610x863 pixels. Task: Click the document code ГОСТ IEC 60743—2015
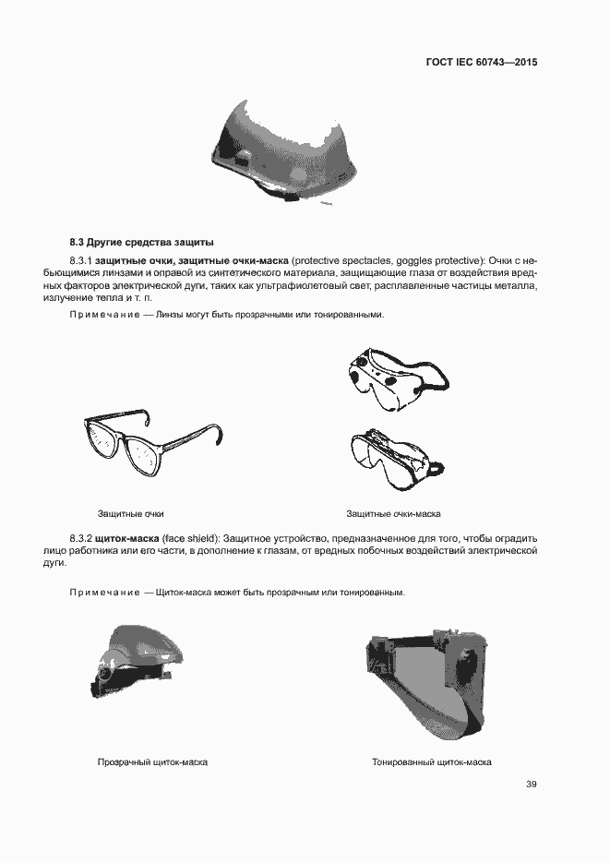482,63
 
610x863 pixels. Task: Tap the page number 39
532,785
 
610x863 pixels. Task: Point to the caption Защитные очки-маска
393,513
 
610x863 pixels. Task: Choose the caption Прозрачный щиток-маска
152,762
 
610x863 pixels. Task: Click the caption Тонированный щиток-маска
431,762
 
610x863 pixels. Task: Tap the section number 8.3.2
84,537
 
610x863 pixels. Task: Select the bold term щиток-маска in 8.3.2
128,537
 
